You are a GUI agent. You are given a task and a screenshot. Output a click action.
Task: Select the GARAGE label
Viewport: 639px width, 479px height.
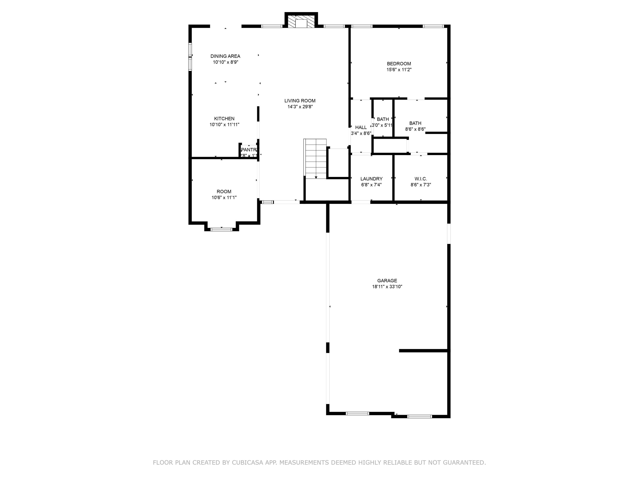click(x=387, y=281)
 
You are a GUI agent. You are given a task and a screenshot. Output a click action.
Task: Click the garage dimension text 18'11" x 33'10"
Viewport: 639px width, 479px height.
click(x=387, y=287)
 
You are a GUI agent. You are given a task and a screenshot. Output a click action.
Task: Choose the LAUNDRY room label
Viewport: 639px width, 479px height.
click(x=371, y=179)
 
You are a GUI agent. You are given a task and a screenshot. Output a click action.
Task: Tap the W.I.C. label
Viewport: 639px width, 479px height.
click(x=421, y=179)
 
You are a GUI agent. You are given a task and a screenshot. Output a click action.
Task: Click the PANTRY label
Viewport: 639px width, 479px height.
click(x=249, y=150)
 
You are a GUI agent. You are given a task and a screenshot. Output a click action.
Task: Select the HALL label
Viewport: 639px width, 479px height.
click(x=361, y=127)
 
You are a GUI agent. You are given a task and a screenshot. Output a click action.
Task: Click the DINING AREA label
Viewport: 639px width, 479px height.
click(x=225, y=56)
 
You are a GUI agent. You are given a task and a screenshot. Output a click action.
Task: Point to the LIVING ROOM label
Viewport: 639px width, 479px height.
click(x=300, y=101)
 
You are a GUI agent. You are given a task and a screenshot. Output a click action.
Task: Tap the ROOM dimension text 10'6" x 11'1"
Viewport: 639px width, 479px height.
click(x=224, y=198)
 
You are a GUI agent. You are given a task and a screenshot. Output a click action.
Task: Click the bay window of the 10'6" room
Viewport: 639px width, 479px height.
click(x=221, y=229)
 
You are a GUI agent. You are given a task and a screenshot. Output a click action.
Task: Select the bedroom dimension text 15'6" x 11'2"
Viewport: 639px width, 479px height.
click(x=399, y=70)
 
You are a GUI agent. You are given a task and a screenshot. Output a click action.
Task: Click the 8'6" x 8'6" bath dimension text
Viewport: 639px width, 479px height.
click(x=415, y=129)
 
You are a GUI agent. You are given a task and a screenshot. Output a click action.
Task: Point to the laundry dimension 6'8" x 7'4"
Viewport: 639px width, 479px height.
click(x=371, y=185)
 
